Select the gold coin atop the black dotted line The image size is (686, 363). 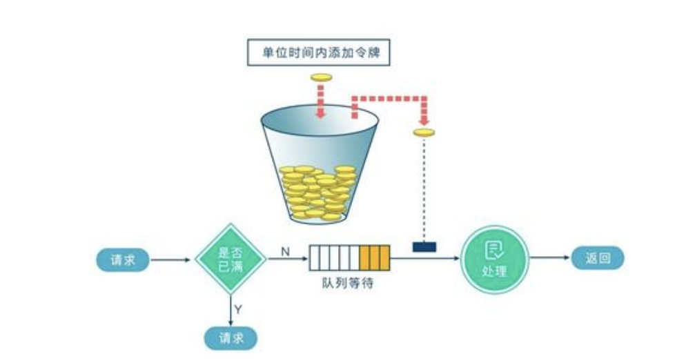pyautogui.click(x=424, y=133)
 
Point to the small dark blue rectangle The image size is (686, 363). pyautogui.click(x=424, y=246)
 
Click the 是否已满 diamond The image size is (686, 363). pyautogui.click(x=231, y=259)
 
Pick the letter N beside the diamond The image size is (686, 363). pyautogui.click(x=284, y=251)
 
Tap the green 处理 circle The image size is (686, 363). pyautogui.click(x=494, y=259)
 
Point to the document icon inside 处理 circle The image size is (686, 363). pyautogui.click(x=494, y=251)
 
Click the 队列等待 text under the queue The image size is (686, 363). pyautogui.click(x=349, y=283)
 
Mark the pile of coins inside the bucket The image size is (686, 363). pyautogui.click(x=317, y=192)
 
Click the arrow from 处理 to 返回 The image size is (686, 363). pyautogui.click(x=550, y=259)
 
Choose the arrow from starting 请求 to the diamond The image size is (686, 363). pyautogui.click(x=170, y=260)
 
